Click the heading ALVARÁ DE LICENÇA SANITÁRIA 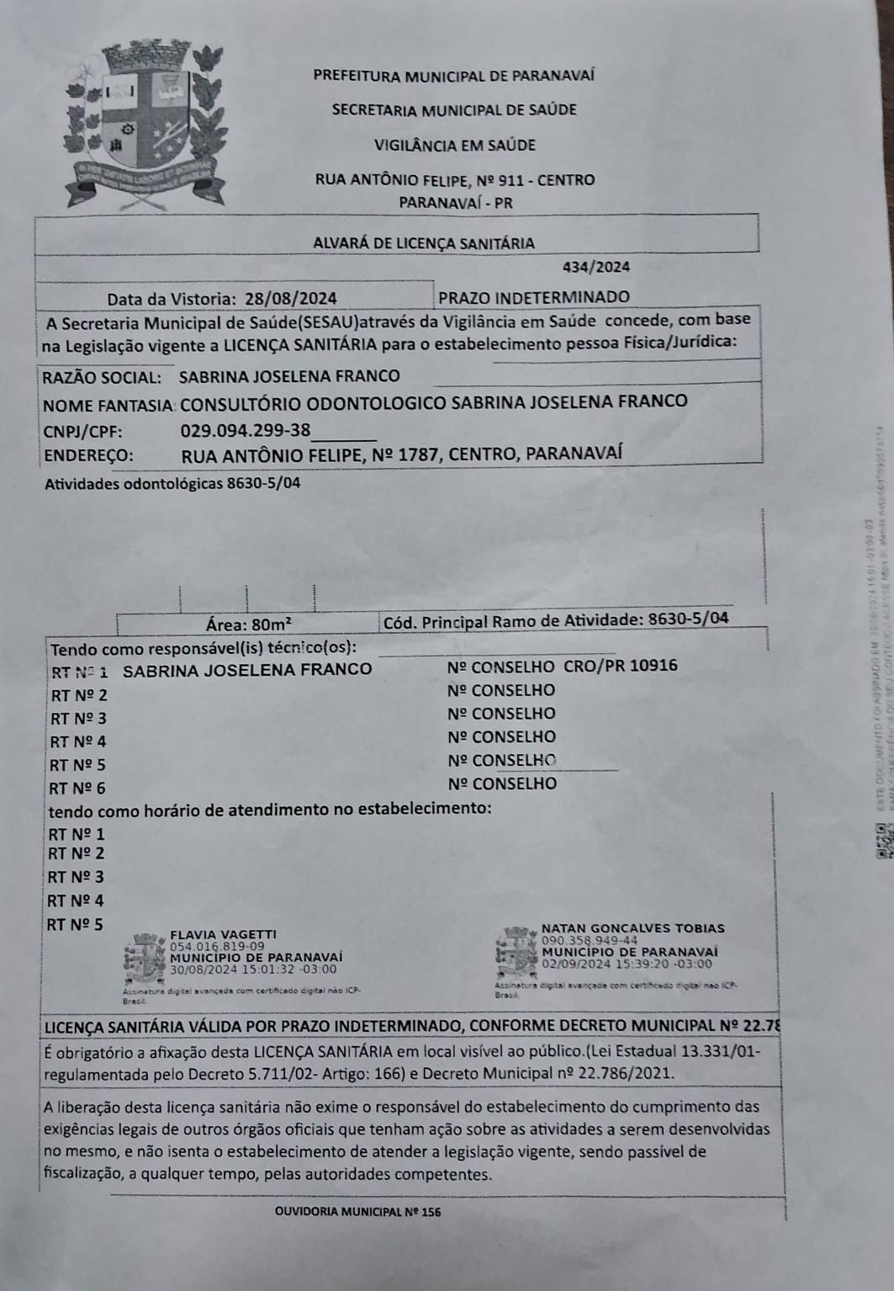[424, 243]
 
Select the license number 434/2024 [596, 268]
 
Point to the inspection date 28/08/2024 [291, 298]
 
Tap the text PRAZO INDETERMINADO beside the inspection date [534, 297]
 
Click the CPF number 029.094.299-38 [246, 431]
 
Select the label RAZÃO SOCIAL [101, 376]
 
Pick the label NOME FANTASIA [108, 404]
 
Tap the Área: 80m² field [249, 624]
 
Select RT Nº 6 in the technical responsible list [77, 789]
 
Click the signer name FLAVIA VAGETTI [223, 934]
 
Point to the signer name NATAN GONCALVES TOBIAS [632, 928]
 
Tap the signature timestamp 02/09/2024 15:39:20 [627, 964]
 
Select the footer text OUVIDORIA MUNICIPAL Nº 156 [357, 1212]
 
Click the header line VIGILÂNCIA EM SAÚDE [454, 145]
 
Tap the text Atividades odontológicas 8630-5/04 [172, 484]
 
